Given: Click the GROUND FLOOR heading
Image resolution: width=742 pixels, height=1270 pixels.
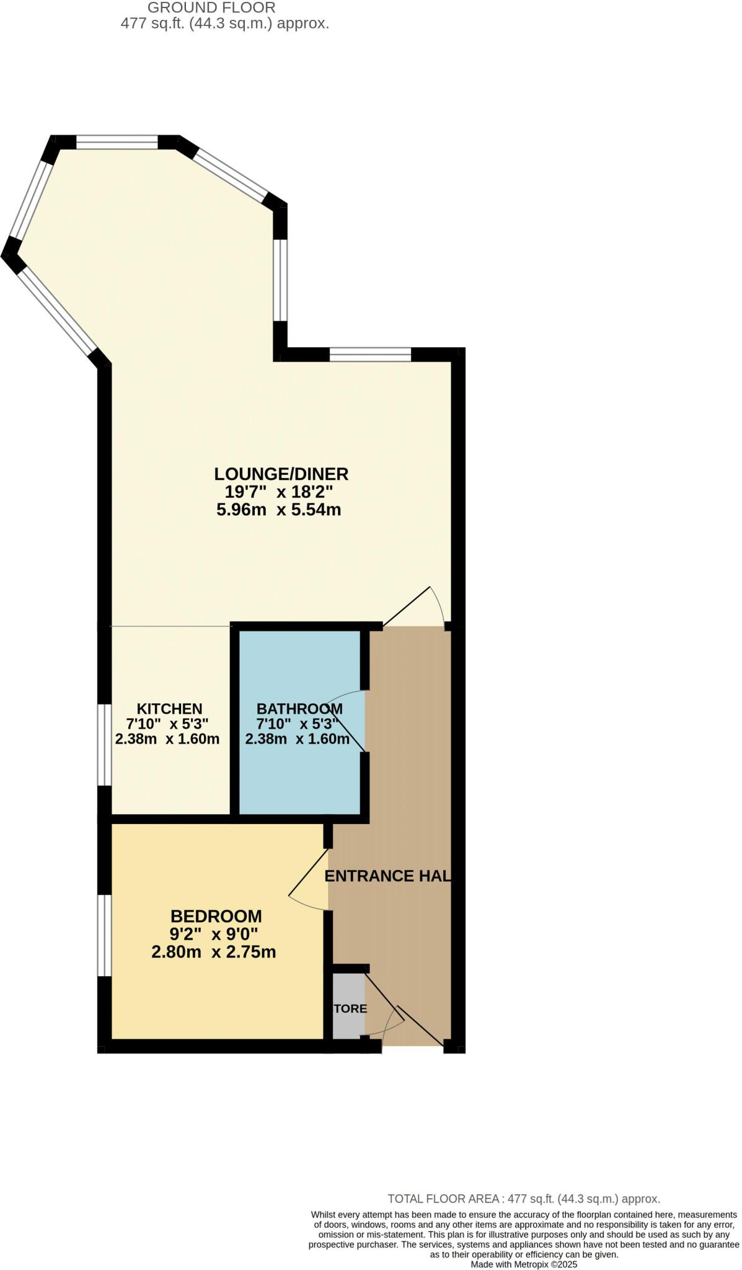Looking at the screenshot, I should click(211, 8).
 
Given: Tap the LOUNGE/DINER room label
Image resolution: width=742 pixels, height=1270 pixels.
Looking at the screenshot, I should click(281, 474).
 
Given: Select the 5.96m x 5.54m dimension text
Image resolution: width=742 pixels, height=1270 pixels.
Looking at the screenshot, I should click(279, 510).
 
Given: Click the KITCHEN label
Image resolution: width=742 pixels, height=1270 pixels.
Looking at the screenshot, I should click(169, 709).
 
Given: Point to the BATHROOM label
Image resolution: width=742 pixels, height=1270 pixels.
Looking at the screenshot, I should click(299, 709).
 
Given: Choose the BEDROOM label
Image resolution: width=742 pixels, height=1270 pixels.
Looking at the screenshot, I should click(216, 916).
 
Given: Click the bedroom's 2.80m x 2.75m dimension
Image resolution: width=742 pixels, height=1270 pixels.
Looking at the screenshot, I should click(213, 952).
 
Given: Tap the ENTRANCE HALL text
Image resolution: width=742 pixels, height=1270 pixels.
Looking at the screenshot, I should click(387, 876).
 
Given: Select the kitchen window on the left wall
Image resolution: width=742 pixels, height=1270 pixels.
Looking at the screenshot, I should click(104, 744).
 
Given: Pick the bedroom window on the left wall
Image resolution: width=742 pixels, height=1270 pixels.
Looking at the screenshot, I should click(104, 935).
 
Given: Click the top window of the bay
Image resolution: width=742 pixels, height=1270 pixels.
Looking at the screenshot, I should click(117, 143).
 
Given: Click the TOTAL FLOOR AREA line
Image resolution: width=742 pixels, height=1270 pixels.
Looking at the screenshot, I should click(524, 1199).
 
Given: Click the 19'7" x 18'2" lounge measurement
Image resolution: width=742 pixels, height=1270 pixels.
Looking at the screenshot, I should click(279, 493).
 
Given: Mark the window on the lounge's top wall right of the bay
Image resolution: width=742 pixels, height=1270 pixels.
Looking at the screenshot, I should click(370, 354).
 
